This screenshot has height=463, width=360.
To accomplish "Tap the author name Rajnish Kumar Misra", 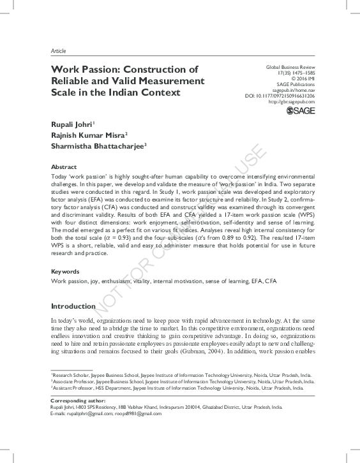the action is [x=89, y=134].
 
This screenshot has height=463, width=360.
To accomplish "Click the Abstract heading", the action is [x=64, y=164].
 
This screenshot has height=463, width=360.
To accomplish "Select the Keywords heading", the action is [x=66, y=271].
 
